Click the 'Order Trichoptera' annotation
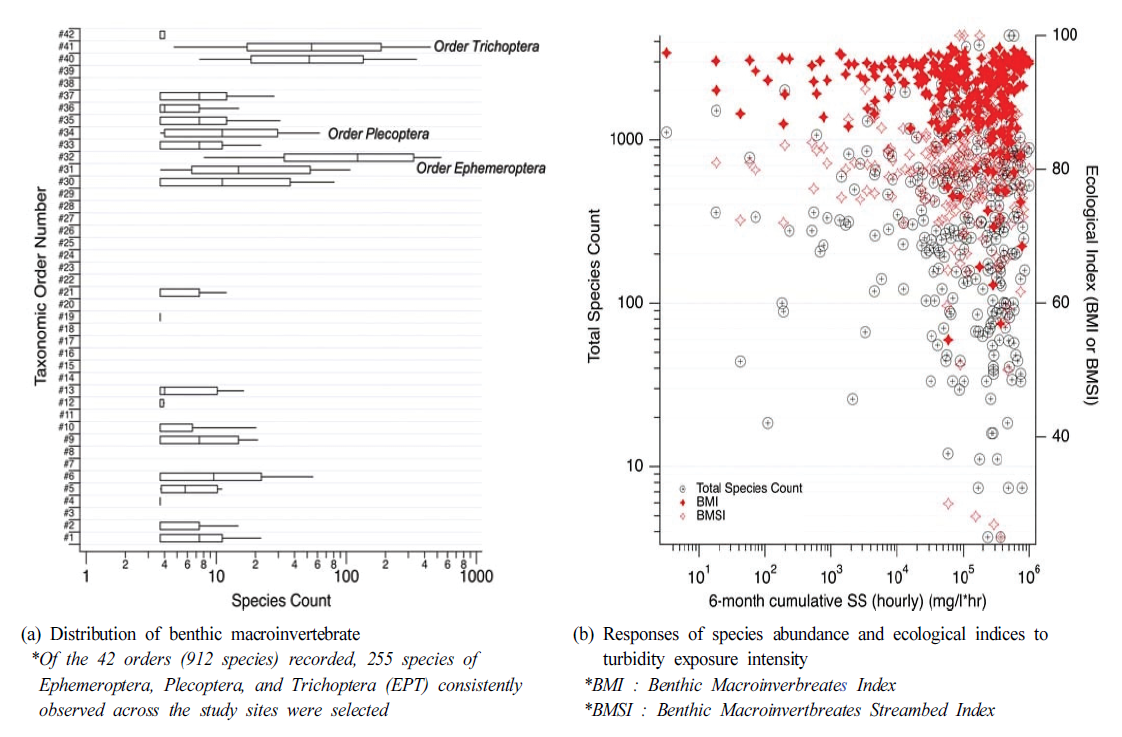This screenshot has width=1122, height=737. tap(486, 47)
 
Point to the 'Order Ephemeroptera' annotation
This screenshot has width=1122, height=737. tap(481, 169)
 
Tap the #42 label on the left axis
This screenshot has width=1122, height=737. tap(67, 34)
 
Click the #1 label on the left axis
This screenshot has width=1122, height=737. tap(69, 537)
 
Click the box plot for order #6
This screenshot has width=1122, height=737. tap(210, 477)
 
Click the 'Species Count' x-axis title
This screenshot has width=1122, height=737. tap(281, 601)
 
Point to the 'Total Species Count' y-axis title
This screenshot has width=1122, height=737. tap(595, 286)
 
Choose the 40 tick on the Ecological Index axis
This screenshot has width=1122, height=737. tap(1060, 436)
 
